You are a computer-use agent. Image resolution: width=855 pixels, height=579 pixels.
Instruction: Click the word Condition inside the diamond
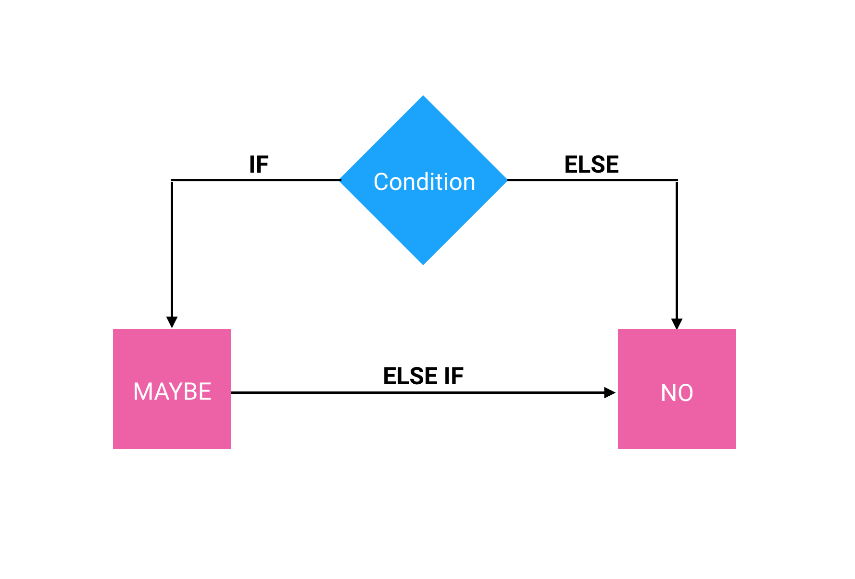coord(424,182)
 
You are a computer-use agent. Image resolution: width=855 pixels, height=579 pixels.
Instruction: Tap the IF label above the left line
coord(258,164)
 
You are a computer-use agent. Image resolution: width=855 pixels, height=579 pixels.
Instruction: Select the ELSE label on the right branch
coord(591,164)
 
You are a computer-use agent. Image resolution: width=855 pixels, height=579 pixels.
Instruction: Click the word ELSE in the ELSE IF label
coord(410,376)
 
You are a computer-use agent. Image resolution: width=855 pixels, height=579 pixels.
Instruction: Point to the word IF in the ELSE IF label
coord(453,376)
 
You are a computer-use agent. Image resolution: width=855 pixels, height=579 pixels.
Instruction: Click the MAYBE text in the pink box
coord(172,391)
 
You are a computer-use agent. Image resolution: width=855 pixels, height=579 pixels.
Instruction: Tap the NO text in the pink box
coord(677,393)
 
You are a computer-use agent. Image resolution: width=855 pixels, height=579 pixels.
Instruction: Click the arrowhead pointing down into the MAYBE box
coord(172,322)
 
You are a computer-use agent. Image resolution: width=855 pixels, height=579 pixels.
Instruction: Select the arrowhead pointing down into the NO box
coord(677,323)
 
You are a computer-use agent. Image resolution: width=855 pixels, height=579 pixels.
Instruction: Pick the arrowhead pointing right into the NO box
coord(609,392)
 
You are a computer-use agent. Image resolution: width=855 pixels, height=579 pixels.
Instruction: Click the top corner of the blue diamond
coord(423,97)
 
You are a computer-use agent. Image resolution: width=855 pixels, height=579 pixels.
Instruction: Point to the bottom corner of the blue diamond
coord(423,263)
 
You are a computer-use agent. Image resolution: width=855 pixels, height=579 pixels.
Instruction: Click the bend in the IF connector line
coord(172,180)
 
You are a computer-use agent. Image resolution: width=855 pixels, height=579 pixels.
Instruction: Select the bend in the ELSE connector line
coord(677,180)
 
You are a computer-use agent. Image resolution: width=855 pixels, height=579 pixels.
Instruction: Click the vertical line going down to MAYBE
coord(172,250)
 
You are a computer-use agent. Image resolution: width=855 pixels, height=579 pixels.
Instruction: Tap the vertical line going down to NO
coord(677,250)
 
